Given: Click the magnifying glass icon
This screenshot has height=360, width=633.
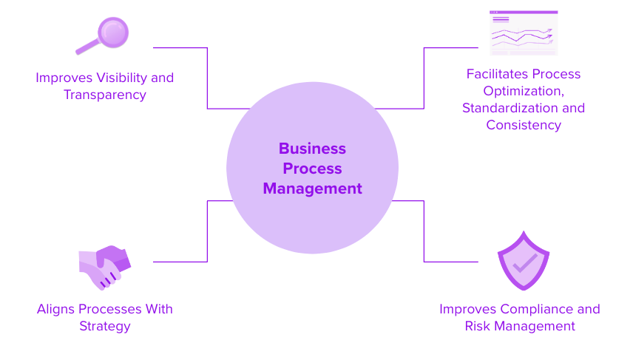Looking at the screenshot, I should click(104, 36).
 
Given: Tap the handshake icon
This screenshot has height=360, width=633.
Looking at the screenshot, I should click(104, 267).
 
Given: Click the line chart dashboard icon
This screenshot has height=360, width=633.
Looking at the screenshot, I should click(523, 33).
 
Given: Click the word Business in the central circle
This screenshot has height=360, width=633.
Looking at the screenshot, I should click(312, 149).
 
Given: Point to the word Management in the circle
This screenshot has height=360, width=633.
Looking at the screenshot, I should click(312, 189).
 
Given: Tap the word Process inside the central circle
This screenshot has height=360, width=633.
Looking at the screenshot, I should click(312, 169).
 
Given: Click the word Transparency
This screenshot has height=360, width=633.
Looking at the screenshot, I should click(104, 95).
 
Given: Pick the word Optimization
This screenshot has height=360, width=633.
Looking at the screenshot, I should click(523, 91).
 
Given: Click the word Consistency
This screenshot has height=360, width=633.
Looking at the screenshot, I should click(523, 125).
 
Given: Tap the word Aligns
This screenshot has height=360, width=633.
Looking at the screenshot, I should click(55, 309).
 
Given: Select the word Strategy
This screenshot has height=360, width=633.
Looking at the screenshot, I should click(104, 326).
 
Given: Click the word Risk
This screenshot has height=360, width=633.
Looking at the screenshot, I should click(479, 326).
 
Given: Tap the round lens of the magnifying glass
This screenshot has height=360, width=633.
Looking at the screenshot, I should click(113, 32).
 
